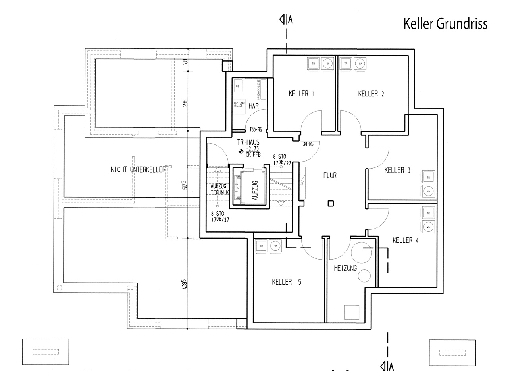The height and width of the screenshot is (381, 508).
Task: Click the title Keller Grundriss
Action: (445, 24)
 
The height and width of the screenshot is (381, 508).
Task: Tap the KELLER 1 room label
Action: (301, 94)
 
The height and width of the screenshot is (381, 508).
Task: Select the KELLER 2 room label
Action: (371, 94)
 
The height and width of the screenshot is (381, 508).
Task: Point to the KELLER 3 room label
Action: (397, 171)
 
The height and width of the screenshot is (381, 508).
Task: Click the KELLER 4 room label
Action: (405, 240)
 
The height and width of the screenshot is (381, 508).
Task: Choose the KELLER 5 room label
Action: (286, 282)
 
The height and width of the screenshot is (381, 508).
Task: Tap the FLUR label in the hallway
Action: (330, 175)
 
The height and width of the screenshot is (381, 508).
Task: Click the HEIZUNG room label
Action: (345, 268)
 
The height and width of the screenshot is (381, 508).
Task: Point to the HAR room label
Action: (254, 106)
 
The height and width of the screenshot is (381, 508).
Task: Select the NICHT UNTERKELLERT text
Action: (140, 169)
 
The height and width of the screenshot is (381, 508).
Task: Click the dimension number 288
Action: (185, 102)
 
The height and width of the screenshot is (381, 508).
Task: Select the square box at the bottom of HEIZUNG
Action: (351, 312)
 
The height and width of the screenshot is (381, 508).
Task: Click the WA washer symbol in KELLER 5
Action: (275, 246)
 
